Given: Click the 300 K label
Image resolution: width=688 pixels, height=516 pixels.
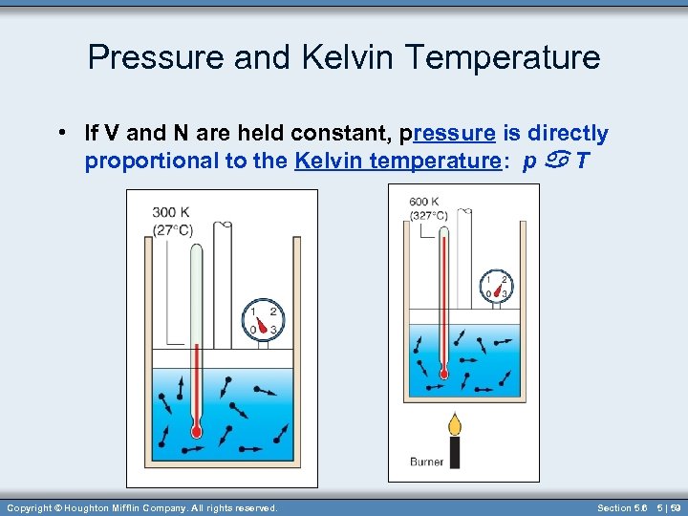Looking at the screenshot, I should tap(170, 212).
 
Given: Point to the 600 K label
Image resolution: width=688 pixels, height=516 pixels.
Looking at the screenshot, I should tap(422, 202).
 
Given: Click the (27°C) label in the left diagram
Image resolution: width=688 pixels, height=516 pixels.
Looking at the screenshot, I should tap(172, 229).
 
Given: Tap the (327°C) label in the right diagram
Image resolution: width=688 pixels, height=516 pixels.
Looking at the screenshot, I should tap(428, 216).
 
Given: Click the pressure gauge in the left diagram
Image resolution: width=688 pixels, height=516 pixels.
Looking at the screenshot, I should tap(262, 320).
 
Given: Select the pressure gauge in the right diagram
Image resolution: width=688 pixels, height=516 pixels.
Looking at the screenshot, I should tap(496, 286).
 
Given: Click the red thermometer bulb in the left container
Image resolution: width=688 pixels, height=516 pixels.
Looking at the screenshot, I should tap(196, 431).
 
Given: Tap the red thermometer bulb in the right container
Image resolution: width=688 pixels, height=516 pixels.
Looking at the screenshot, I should tap(443, 373).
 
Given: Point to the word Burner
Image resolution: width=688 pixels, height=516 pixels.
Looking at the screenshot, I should tap(426, 462).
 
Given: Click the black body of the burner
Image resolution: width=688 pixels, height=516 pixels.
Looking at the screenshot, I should tap(455, 452).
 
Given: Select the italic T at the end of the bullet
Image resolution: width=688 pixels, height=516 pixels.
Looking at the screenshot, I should tap(582, 161).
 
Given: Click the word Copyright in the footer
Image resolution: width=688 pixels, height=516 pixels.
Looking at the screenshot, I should tap(33, 507).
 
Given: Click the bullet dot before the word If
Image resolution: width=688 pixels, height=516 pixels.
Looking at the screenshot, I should tap(61, 134).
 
